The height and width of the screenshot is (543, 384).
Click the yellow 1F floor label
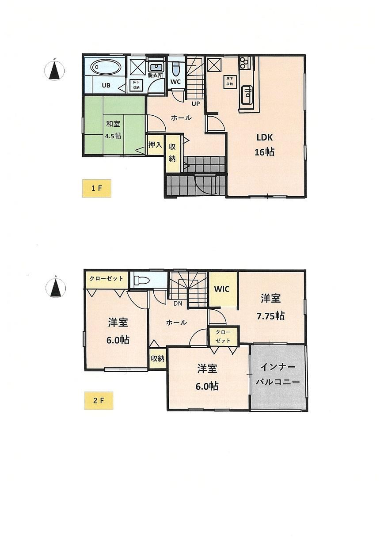point(97,188)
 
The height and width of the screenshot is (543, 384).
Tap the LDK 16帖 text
point(265,145)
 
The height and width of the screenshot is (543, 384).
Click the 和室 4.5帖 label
point(113,130)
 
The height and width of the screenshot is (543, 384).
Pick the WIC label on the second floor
point(222,289)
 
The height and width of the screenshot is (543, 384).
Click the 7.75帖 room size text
point(270,316)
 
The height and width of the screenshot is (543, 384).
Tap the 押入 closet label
point(155,145)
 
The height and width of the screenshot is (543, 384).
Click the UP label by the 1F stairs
point(196,104)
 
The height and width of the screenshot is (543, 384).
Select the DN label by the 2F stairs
point(178,303)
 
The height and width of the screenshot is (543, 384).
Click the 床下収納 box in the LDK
point(230,81)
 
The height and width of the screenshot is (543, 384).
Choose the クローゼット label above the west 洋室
point(106,278)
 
